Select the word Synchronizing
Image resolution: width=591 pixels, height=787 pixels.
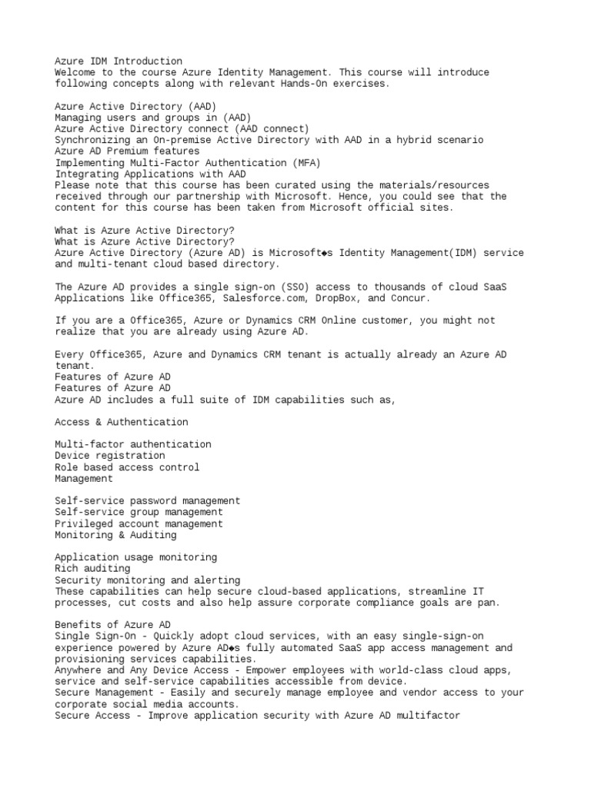tap(92, 140)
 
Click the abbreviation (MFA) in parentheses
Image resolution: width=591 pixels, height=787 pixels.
tap(305, 163)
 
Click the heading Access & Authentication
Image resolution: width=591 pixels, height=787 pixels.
tap(121, 422)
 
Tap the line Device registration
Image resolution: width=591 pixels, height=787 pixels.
tap(109, 456)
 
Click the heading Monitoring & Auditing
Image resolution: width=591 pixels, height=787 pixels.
tap(115, 535)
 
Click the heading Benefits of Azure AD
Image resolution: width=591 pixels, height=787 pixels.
tap(112, 625)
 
